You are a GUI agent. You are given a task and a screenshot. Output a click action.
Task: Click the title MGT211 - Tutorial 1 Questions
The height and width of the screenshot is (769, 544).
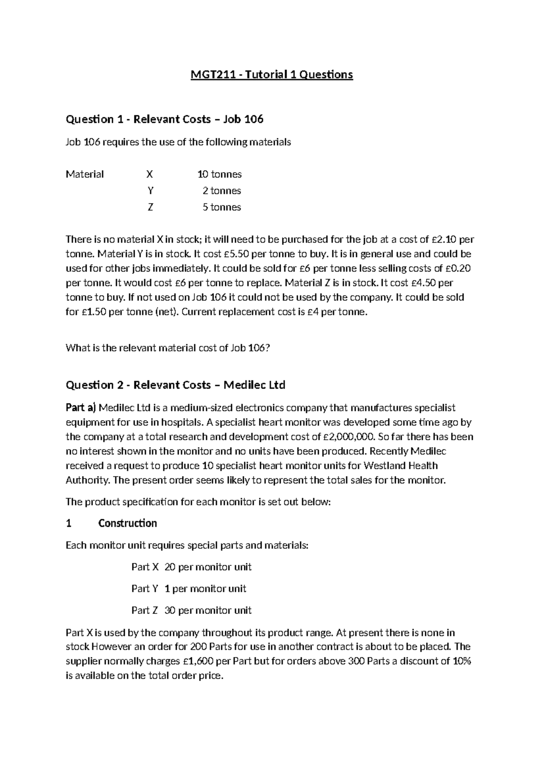coord(271,74)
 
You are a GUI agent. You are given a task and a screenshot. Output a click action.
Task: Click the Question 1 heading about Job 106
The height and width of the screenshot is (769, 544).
coord(165,119)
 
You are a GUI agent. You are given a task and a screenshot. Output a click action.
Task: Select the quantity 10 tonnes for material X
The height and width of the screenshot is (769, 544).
coord(219,174)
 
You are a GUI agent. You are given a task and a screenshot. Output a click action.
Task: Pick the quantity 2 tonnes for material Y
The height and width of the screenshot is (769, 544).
coord(222,191)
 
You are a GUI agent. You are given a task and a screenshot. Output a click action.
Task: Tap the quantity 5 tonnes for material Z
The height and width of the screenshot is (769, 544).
coord(222,207)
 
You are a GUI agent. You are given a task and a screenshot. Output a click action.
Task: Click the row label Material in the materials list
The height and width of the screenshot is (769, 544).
coord(85,174)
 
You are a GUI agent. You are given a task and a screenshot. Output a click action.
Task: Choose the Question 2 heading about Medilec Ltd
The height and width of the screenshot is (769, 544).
coord(175,385)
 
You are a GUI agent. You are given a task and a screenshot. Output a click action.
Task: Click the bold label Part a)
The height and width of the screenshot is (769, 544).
coord(81,408)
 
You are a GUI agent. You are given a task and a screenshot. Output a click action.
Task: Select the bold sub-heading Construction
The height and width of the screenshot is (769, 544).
coord(127,523)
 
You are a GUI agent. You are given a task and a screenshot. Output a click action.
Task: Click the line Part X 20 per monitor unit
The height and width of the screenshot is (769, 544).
coord(191,567)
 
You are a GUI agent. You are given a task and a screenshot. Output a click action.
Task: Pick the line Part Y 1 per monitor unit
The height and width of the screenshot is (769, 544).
coord(189,589)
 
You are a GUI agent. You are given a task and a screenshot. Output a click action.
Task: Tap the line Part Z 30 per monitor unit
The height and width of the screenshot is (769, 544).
coord(191,610)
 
